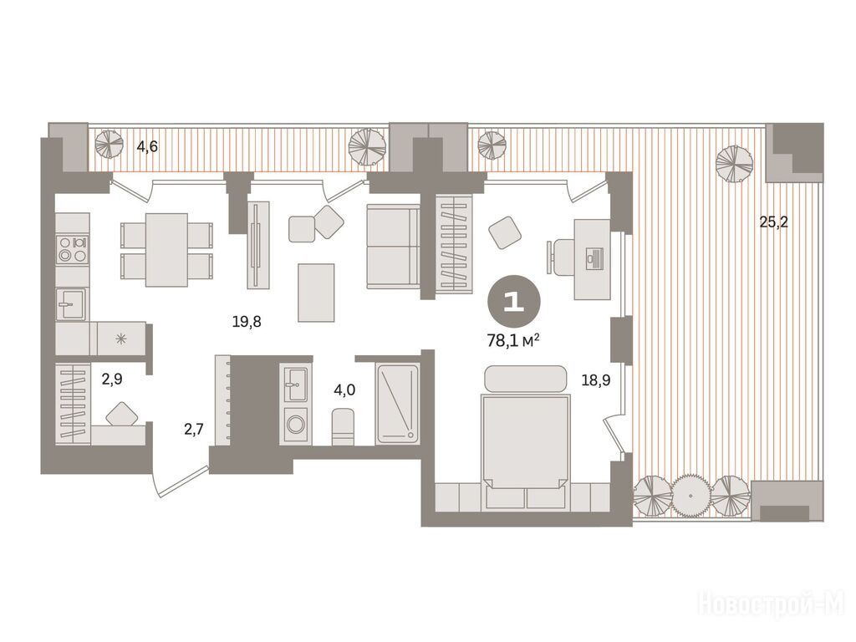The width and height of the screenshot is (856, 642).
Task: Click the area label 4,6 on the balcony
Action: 147,146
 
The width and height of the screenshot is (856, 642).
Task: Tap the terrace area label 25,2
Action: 773,222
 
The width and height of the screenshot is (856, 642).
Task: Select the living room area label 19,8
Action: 247,322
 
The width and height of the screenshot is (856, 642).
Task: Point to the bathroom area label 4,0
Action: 344,390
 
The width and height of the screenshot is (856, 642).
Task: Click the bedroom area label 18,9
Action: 595,380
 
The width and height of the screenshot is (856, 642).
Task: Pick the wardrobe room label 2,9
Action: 112,379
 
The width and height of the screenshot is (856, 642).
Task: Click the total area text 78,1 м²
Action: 513,341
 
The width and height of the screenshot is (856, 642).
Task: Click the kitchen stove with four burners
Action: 73,249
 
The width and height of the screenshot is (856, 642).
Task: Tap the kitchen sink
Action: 71,303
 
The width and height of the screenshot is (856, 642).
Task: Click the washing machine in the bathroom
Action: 297,424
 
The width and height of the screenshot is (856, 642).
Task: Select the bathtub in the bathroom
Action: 397,404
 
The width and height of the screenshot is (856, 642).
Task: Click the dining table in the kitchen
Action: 166,249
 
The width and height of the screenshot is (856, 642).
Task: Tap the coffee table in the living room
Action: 316,293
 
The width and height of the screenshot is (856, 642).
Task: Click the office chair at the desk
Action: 559,256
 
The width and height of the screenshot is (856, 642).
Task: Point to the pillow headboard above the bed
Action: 526,379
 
